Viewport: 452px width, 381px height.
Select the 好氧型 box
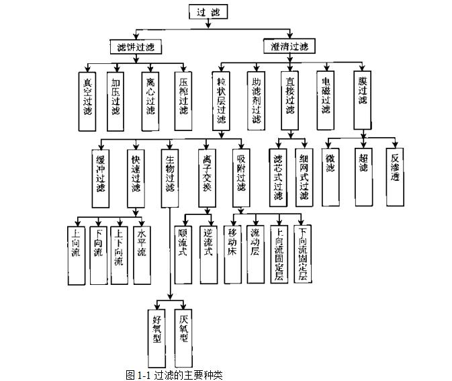pos(157,327)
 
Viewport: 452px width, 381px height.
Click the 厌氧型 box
pos(183,327)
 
